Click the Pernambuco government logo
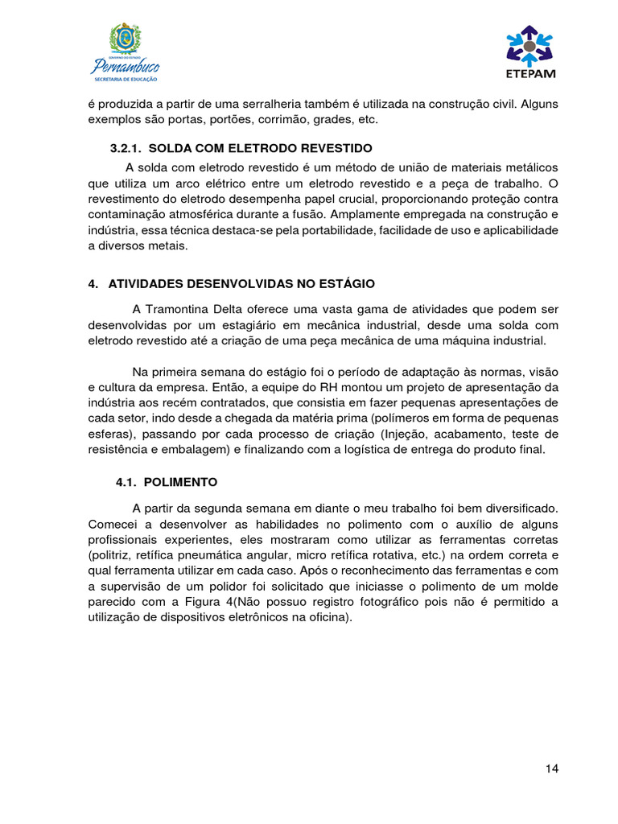[125, 53]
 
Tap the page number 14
[551, 768]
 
